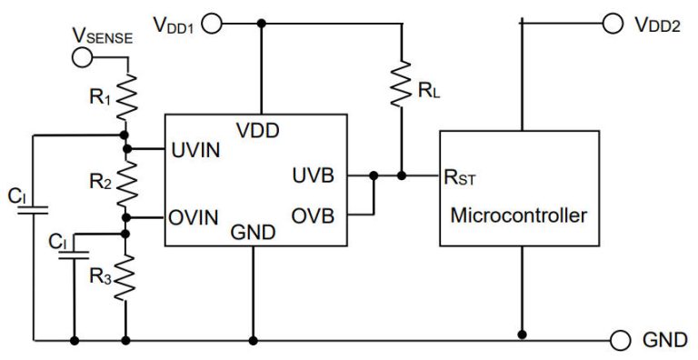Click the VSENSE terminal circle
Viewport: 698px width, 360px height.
[83, 57]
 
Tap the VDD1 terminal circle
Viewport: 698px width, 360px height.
[212, 24]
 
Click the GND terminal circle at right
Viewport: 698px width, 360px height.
[620, 341]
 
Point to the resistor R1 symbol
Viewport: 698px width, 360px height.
[126, 95]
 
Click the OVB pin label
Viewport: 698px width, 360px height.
[313, 218]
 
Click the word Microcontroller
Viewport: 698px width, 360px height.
[519, 216]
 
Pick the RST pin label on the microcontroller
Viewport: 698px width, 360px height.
[458, 176]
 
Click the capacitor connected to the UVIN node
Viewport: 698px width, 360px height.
[34, 211]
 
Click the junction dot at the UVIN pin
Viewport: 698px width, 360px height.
[126, 148]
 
